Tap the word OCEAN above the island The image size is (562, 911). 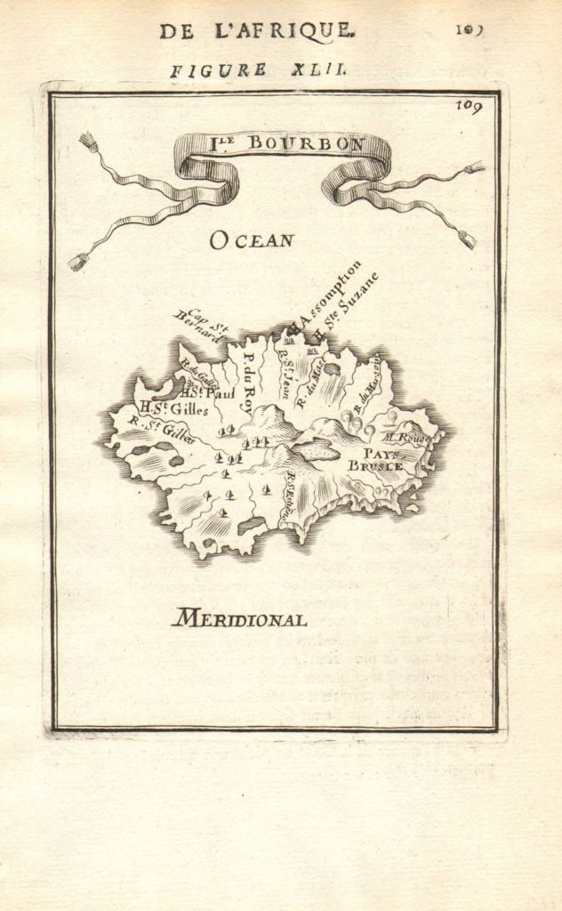(x=252, y=239)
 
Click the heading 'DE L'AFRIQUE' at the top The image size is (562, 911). (x=256, y=31)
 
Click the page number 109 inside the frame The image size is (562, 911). (x=470, y=108)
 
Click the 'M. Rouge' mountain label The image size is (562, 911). (x=405, y=438)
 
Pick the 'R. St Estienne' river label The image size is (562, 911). (x=287, y=496)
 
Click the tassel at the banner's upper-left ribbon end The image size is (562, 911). (x=87, y=140)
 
